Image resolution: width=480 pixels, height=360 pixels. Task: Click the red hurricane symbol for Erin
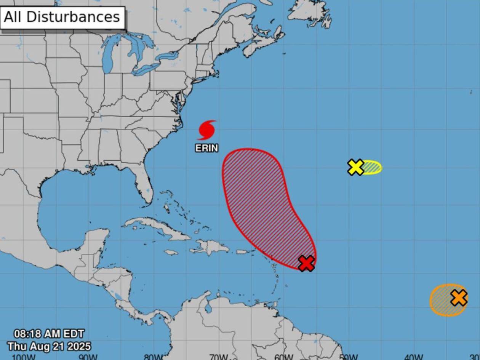pos(207,130)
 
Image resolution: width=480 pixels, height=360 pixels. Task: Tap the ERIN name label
pos(207,148)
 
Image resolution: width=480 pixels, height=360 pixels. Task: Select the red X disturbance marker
pos(306,263)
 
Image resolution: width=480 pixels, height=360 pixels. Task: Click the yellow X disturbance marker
pos(356,167)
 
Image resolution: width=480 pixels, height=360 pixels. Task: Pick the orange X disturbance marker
pos(459,298)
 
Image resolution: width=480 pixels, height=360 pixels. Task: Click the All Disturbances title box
pos(62,17)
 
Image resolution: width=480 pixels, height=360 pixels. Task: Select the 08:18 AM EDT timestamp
pos(49,334)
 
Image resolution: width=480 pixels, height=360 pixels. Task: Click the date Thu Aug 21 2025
pos(49,346)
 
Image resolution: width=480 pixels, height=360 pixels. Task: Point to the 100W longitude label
pos(24,357)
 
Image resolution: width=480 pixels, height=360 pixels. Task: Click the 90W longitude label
pos(88,357)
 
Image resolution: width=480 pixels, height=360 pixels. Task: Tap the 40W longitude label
pos(413,357)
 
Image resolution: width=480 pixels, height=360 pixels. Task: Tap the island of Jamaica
pos(171,252)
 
